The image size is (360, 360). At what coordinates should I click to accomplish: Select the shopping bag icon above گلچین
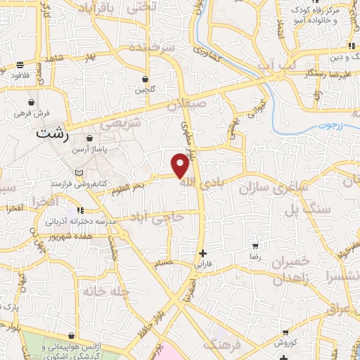coord(145,79)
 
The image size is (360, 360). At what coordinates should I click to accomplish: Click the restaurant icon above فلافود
coord(19,66)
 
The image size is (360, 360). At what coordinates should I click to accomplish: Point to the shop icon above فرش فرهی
coord(31,101)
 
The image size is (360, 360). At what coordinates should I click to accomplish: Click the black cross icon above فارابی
coord(203,253)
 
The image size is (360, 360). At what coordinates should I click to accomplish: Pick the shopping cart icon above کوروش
coord(284,333)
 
